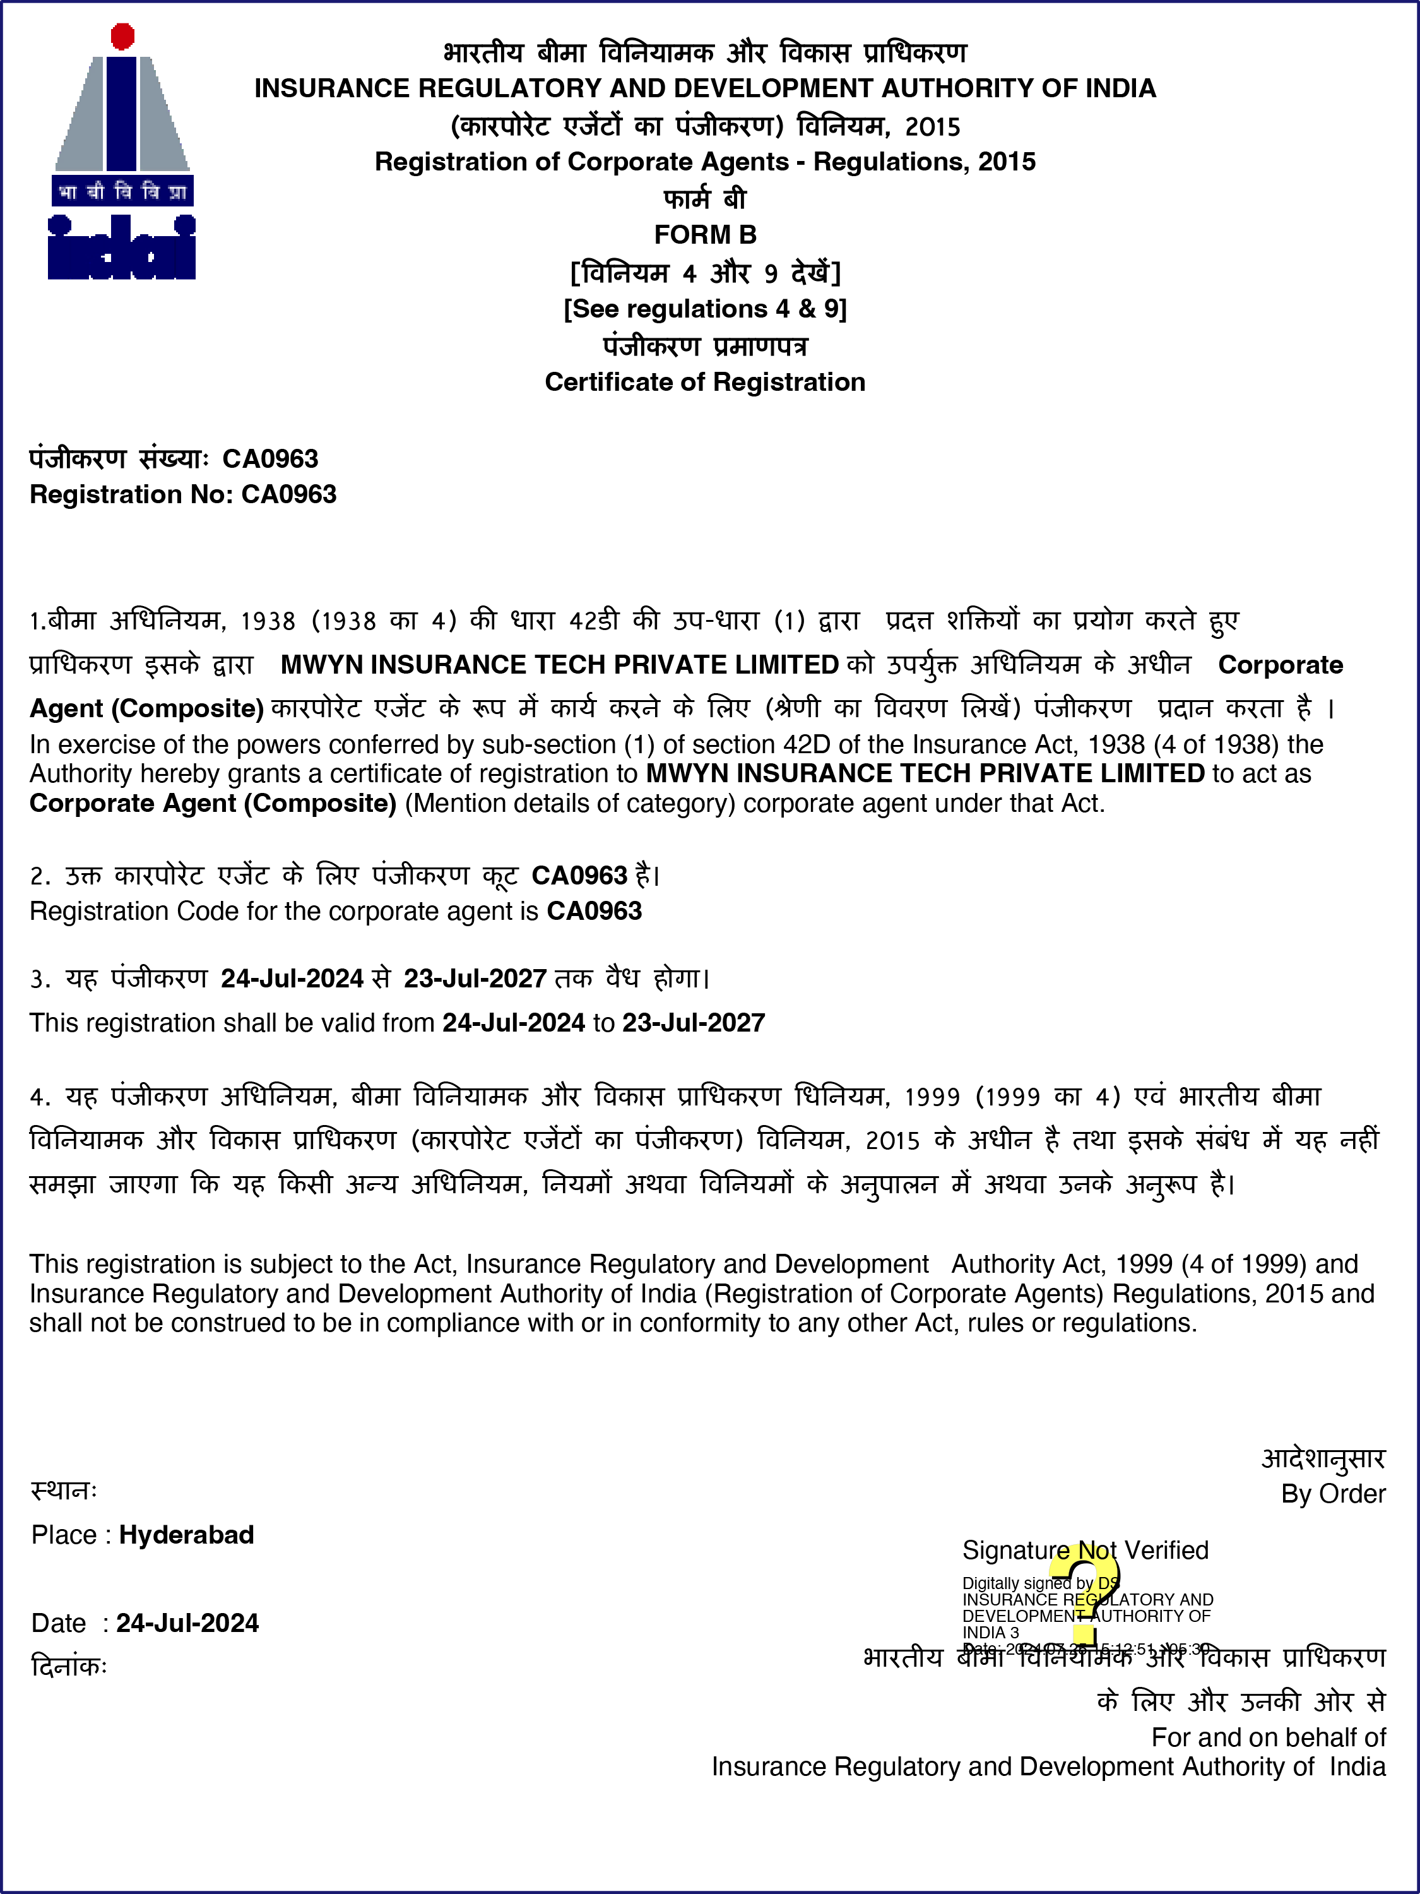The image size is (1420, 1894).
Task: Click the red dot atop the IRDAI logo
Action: click(x=123, y=36)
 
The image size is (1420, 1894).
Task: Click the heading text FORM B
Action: click(x=706, y=235)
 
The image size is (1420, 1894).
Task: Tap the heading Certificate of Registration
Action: click(x=706, y=382)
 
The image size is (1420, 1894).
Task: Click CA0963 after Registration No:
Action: click(x=289, y=495)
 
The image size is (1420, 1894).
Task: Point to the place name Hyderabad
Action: click(x=187, y=1534)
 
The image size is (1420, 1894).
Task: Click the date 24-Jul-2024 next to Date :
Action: click(x=187, y=1623)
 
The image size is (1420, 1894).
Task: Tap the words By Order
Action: click(x=1333, y=1493)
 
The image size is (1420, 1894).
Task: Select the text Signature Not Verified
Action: click(x=1086, y=1550)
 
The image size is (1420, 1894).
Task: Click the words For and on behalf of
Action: click(x=1268, y=1736)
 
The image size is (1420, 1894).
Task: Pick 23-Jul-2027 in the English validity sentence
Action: click(x=694, y=1022)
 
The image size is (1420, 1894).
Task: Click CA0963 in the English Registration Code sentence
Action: click(x=594, y=911)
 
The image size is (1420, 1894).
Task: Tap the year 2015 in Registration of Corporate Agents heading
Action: click(x=1007, y=162)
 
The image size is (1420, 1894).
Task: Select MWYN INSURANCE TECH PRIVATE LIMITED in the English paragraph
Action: click(x=925, y=773)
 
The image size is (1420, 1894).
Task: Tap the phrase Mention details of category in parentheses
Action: click(x=570, y=803)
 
